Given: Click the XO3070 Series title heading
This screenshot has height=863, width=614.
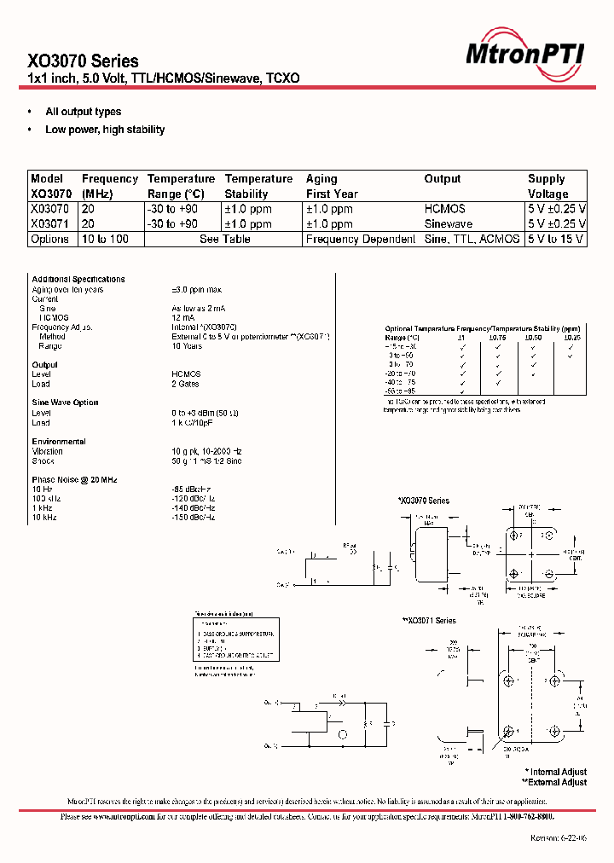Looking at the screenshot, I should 83,61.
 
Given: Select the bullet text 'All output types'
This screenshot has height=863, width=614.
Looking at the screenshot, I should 83,112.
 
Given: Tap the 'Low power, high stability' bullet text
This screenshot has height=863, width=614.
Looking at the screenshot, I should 105,130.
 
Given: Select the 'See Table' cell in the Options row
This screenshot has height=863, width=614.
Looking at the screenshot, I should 224,239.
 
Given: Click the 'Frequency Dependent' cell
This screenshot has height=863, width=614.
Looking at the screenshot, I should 361,239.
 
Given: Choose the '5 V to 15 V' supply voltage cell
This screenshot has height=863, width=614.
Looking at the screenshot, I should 557,239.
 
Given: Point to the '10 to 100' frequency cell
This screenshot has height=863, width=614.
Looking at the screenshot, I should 105,239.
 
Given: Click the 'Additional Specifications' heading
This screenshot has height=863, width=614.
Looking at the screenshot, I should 78,279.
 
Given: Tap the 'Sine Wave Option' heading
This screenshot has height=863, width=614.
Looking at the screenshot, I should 65,403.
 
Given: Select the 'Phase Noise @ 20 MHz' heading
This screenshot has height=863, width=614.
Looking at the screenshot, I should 74,480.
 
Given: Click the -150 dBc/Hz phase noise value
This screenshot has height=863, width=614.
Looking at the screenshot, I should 194,518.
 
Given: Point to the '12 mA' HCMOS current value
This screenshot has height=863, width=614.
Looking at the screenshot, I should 183,317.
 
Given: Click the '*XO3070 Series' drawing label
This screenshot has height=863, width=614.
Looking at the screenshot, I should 423,501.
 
